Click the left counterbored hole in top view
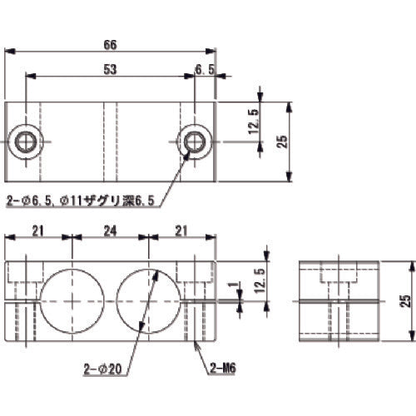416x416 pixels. [x=26, y=141]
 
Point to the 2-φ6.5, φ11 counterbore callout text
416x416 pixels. [x=82, y=200]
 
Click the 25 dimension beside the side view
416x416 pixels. [x=405, y=302]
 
